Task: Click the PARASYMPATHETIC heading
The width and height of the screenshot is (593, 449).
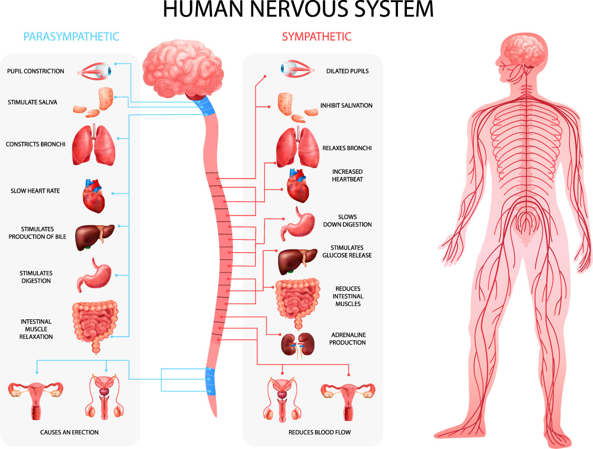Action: (71, 36)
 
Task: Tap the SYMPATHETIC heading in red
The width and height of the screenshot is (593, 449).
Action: (316, 36)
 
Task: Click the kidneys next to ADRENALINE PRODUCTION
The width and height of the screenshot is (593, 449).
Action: (297, 345)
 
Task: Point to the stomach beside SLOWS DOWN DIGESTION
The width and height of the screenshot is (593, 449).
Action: (298, 222)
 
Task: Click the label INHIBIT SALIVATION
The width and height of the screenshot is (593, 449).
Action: (346, 106)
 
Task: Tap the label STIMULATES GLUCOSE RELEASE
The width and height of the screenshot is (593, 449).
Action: (347, 252)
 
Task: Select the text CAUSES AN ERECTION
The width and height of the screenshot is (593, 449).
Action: (69, 432)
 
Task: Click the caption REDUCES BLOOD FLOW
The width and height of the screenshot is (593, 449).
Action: (320, 432)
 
